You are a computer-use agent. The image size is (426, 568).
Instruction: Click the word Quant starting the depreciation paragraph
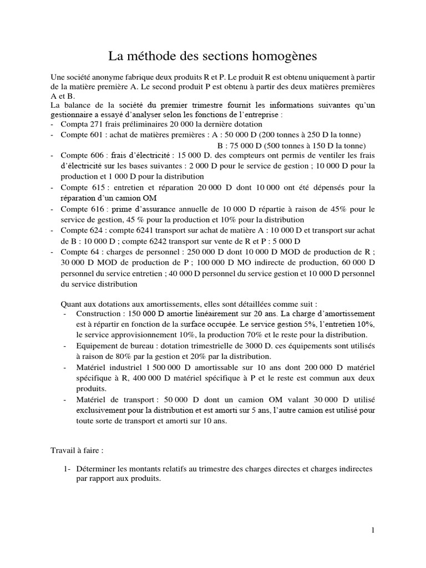coord(70,304)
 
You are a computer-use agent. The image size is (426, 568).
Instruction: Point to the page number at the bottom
coord(373,530)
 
